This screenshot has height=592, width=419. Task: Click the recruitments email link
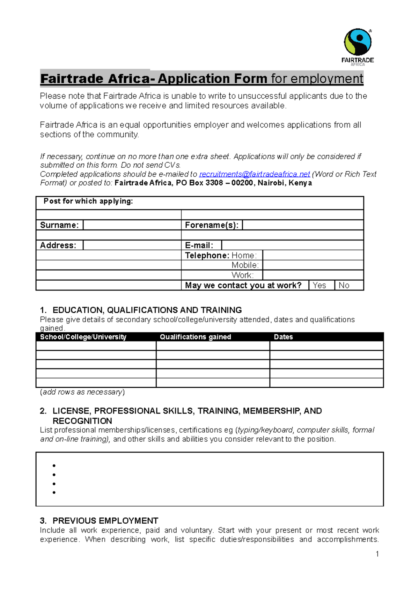254,174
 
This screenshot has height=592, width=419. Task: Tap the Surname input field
132,225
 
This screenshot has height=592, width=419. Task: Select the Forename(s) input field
302,225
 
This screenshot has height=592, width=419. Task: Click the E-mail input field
292,245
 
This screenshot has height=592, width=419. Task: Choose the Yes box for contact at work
321,285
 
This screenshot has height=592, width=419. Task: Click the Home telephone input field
313,255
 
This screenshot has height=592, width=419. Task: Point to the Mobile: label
245,265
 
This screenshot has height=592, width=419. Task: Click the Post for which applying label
88,201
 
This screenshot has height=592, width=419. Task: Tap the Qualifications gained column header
195,337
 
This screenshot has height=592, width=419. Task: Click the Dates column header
283,337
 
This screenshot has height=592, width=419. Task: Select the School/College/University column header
83,337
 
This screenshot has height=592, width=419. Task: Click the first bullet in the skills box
54,466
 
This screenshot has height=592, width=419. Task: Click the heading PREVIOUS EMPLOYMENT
105,521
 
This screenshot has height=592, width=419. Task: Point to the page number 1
377,554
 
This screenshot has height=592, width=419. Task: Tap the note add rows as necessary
82,392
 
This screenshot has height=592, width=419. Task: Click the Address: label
58,245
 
